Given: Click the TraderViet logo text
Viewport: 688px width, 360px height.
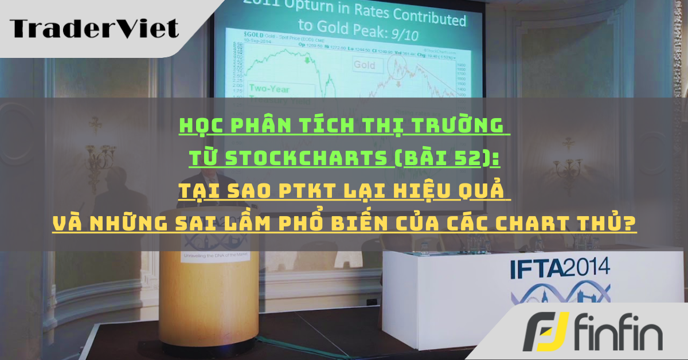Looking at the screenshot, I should [94, 28].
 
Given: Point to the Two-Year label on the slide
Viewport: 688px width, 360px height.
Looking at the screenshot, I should [269, 89].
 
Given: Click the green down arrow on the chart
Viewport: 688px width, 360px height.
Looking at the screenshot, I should [307, 60].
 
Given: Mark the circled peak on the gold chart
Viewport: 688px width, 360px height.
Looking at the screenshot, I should [397, 68].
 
